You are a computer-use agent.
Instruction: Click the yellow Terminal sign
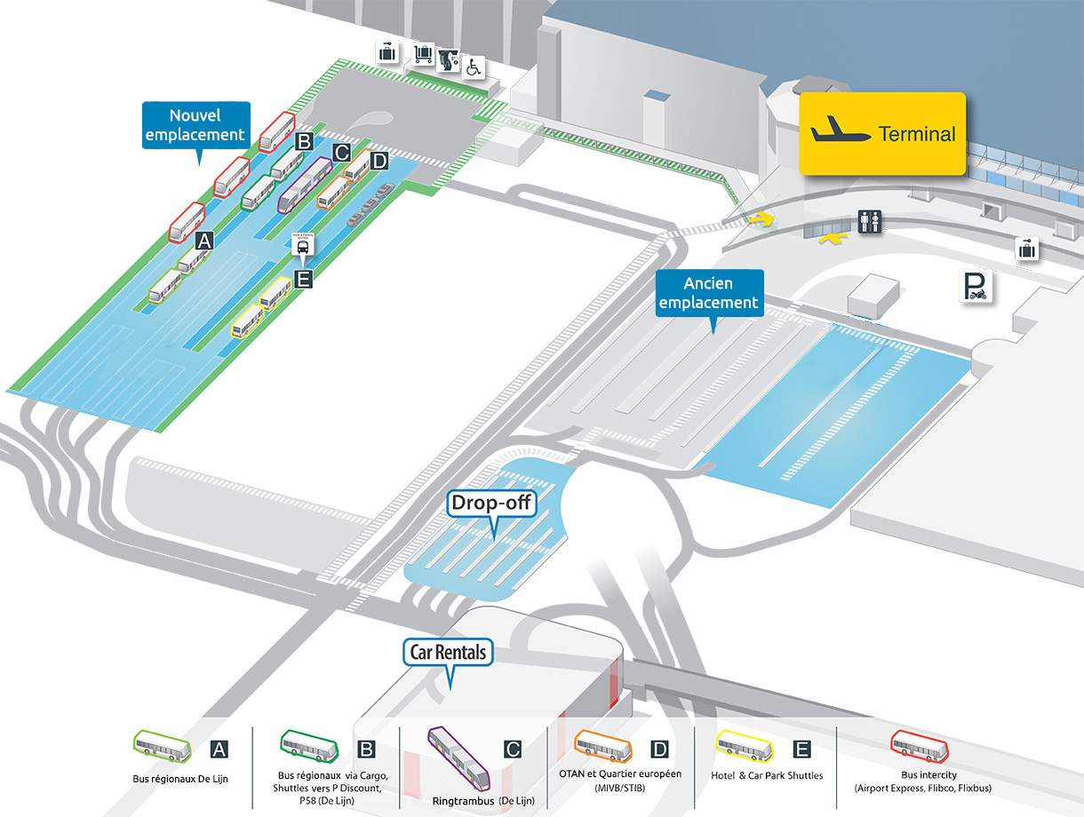(x=882, y=133)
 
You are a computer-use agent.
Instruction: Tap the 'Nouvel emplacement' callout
(x=196, y=125)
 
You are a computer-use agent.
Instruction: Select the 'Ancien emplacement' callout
(x=709, y=293)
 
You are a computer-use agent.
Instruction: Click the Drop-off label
(x=491, y=503)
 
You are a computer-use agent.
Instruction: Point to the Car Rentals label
(x=448, y=652)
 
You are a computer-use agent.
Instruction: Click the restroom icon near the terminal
(x=869, y=221)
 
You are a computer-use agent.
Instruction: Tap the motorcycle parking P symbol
(x=976, y=286)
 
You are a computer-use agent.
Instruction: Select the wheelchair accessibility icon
(x=474, y=67)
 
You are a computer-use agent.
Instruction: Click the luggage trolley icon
(x=423, y=53)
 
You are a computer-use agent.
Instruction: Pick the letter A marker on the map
(x=204, y=242)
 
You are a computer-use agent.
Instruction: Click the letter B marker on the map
(x=304, y=141)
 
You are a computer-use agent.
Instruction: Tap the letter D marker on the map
(x=379, y=161)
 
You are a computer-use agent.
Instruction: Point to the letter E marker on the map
(x=303, y=279)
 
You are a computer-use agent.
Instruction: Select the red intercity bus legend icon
(x=920, y=747)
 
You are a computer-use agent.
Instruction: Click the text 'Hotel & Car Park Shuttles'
(x=767, y=775)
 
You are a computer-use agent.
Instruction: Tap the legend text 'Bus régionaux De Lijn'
(x=180, y=779)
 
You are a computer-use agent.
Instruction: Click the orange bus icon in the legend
(x=603, y=746)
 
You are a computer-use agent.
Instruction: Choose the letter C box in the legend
(x=513, y=750)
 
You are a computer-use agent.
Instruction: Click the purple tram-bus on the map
(x=305, y=185)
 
